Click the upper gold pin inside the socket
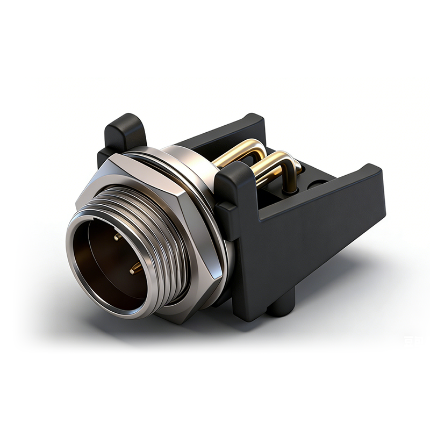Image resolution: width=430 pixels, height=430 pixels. coord(117,236)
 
